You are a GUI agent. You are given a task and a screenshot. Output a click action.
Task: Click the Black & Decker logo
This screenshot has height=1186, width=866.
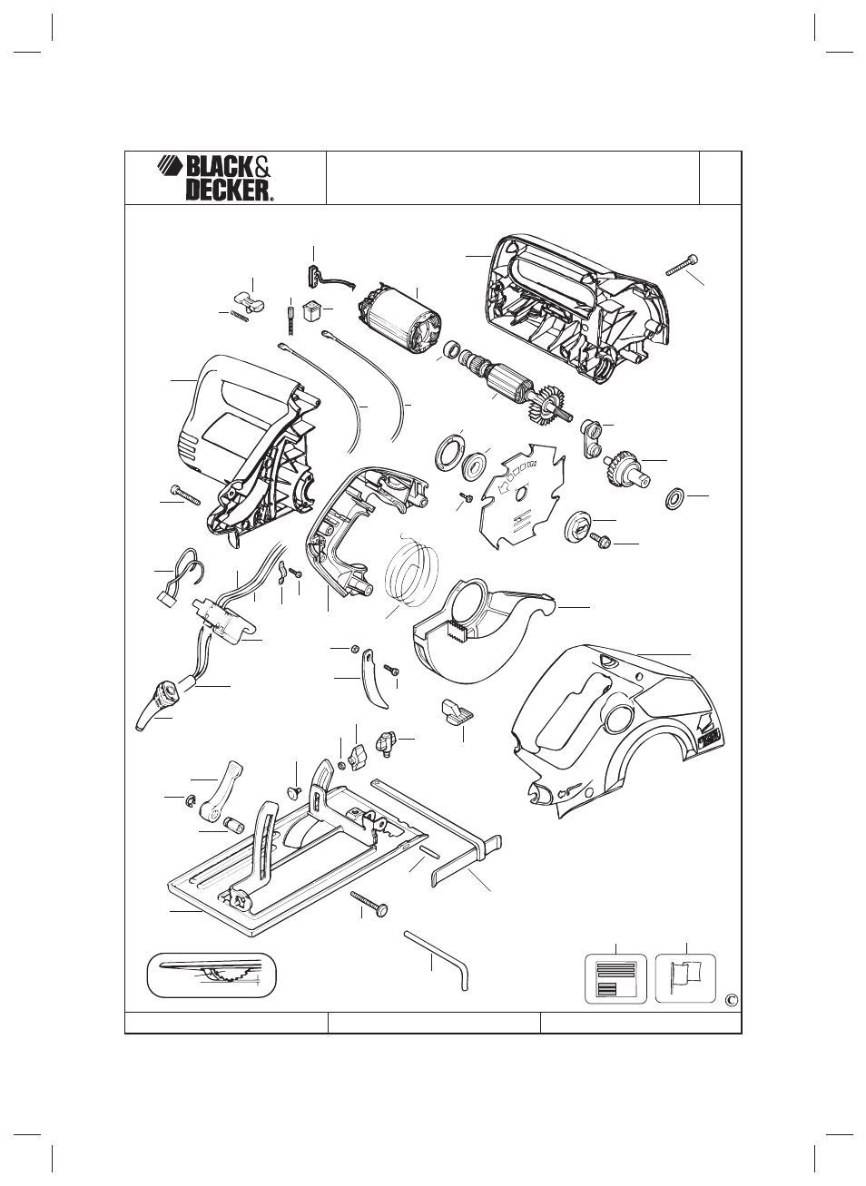point(215,178)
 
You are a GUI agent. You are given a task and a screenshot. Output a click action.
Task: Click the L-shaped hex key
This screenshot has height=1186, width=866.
point(437,962)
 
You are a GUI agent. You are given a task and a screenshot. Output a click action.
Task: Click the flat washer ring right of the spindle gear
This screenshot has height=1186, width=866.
point(674,499)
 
